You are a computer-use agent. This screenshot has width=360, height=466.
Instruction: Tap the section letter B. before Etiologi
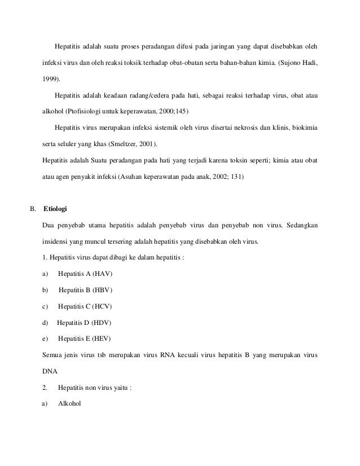point(33,209)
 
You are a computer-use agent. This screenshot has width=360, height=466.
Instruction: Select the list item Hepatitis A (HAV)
point(85,274)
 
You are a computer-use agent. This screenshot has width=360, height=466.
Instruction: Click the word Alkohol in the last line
point(70,404)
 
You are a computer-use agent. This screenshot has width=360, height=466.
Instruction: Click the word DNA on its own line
point(50,372)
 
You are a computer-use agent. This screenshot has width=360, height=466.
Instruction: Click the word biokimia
point(304,127)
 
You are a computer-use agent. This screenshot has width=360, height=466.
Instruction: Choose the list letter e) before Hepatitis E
point(45,339)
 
